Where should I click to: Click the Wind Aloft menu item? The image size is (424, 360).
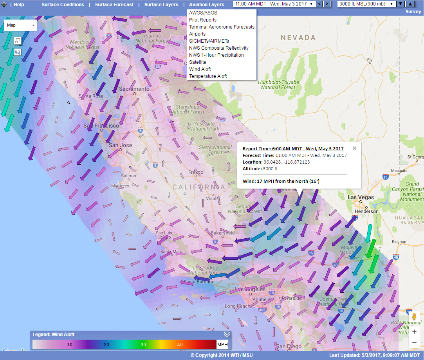point(200,69)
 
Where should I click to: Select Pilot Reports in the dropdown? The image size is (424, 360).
point(202,20)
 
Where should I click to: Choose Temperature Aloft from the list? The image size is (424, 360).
point(208,76)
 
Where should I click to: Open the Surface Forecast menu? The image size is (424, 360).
point(114,5)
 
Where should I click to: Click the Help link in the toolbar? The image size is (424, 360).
point(19,5)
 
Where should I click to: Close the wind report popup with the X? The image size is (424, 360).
point(354,148)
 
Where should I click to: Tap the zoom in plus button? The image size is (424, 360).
point(414,332)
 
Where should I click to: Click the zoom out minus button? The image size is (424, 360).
point(414,343)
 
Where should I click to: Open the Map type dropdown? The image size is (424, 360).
point(20,25)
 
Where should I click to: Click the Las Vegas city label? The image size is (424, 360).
point(361,198)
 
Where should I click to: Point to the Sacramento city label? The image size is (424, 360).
point(134,89)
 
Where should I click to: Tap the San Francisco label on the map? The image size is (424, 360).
point(101,126)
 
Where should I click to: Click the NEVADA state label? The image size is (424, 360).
point(298,38)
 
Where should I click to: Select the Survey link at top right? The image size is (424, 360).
point(413,12)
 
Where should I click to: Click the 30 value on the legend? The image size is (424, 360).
point(143,345)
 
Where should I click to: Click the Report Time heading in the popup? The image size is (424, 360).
point(293,149)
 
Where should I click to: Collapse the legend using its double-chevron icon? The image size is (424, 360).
point(227,335)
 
